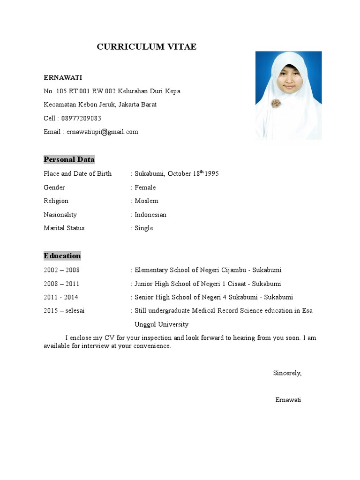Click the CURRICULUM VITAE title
coord(147,46)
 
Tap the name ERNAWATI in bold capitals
coord(63,77)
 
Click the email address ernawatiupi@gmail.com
coord(102,132)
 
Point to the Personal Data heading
coord(69,159)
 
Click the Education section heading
coord(62,256)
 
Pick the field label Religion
coord(56,201)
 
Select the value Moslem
coord(146,201)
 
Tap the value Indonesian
coord(150,215)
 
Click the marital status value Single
coord(144,228)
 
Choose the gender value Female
coord(145,187)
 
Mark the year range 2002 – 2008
coord(61,270)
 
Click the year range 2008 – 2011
coord(61,284)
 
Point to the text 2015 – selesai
coord(64,311)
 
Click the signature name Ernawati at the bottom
coord(288,400)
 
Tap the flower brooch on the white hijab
coord(276,104)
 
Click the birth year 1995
coord(212,174)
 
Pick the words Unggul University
coord(161,324)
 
